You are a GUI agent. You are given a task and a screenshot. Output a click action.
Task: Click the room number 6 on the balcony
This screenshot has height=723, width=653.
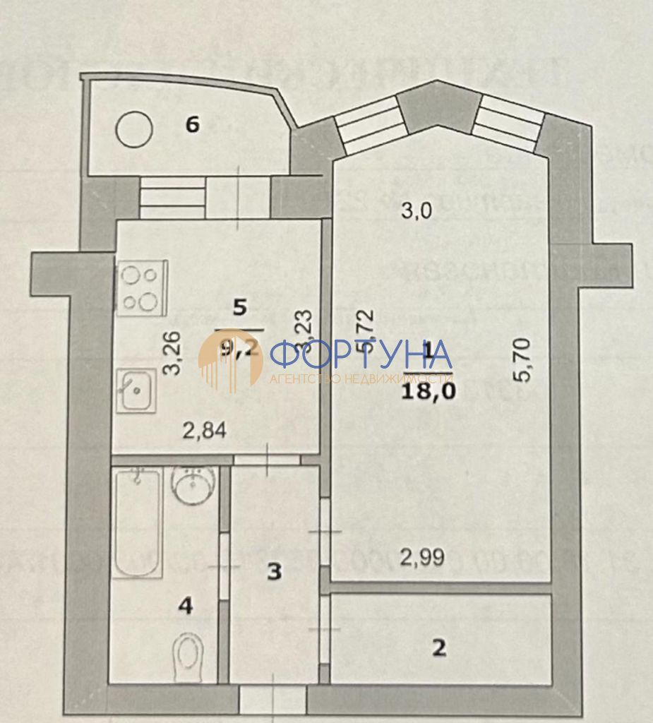tap(192, 125)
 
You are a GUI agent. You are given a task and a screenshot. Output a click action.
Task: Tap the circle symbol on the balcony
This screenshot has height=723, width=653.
tap(135, 129)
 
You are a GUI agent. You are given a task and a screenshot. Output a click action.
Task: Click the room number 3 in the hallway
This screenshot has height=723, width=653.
tap(275, 571)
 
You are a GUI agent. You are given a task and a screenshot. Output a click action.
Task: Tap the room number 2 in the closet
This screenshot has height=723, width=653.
tap(439, 648)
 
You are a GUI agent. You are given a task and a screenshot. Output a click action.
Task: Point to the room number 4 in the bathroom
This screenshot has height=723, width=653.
tap(186, 605)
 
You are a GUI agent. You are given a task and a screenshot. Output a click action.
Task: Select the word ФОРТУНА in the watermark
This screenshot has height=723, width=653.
tap(361, 354)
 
